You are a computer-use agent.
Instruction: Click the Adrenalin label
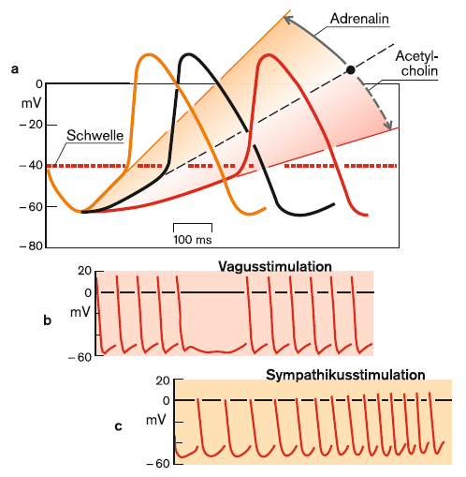pyautogui.click(x=359, y=19)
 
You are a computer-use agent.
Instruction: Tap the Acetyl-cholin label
pyautogui.click(x=417, y=64)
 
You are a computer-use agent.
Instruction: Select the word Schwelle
pyautogui.click(x=95, y=136)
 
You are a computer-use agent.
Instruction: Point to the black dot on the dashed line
pyautogui.click(x=351, y=70)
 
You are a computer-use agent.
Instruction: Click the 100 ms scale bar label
pyautogui.click(x=193, y=240)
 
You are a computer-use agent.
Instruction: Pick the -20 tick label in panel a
pyautogui.click(x=31, y=125)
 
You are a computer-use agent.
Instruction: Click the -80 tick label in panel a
pyautogui.click(x=31, y=246)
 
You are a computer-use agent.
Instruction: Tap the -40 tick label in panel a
pyautogui.click(x=31, y=165)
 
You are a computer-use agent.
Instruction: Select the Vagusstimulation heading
pyautogui.click(x=275, y=266)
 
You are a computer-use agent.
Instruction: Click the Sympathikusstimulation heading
pyautogui.click(x=345, y=375)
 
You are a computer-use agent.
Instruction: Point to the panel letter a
pyautogui.click(x=15, y=69)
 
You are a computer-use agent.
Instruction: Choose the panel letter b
pyautogui.click(x=47, y=320)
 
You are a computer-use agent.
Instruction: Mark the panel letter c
pyautogui.click(x=118, y=426)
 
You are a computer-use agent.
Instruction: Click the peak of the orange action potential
pyautogui.click(x=149, y=54)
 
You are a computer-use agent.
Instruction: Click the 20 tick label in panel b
pyautogui.click(x=84, y=271)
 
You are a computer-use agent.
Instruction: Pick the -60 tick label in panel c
pyautogui.click(x=158, y=464)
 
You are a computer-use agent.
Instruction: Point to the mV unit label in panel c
pyautogui.click(x=155, y=421)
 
